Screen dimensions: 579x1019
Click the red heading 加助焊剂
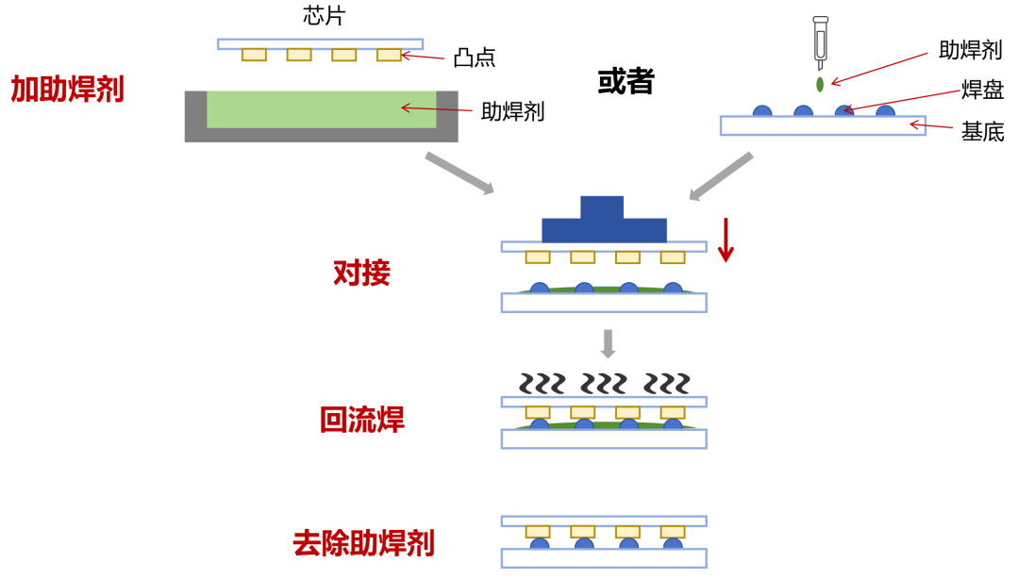[x=67, y=90]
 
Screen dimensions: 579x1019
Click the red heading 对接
[x=361, y=273]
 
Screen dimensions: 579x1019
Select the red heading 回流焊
[x=362, y=420]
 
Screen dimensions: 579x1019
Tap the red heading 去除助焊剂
[x=363, y=543]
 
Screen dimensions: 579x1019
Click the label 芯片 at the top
[x=324, y=15]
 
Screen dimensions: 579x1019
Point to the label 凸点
[x=474, y=58]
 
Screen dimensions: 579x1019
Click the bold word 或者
[x=626, y=81]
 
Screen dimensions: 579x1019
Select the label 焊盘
[x=982, y=90]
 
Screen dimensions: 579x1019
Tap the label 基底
[x=982, y=131]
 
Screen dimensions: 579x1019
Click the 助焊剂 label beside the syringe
[x=970, y=50]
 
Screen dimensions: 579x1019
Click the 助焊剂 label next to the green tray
[x=512, y=111]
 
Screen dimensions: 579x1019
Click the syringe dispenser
[x=820, y=42]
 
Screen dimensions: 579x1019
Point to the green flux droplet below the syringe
[x=820, y=85]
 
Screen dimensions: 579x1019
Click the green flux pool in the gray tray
[x=321, y=109]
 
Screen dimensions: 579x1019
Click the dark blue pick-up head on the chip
[x=603, y=222]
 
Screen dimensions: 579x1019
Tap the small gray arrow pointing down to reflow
[x=608, y=343]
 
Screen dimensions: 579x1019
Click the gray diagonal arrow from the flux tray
[x=459, y=174]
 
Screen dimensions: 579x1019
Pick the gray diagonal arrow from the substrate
[x=721, y=176]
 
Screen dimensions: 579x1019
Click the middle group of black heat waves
[x=604, y=384]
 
